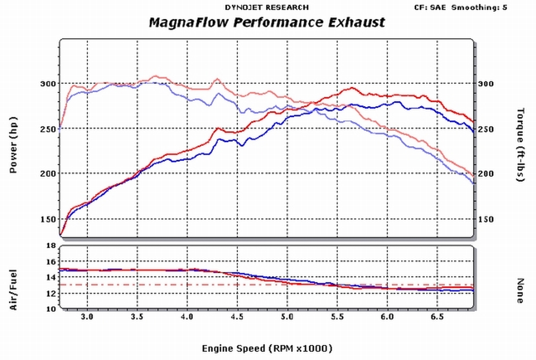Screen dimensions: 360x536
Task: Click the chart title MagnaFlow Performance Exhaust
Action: (266, 22)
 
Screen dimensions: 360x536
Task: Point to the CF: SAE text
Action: (431, 7)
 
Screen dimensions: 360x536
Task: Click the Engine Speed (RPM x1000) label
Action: (267, 348)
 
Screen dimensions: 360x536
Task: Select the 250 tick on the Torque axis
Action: (486, 129)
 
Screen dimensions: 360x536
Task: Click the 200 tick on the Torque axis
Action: (486, 174)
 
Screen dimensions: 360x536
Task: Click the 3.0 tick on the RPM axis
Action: (87, 317)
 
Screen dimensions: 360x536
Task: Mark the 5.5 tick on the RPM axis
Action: (337, 317)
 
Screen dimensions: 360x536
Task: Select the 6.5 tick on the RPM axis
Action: (437, 317)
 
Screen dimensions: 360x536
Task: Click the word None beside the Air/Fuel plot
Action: (519, 290)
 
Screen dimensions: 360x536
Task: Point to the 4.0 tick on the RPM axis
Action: (187, 317)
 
